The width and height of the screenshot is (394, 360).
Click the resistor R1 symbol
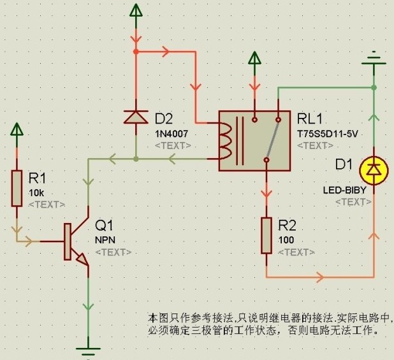[17, 188]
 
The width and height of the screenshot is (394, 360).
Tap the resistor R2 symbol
[268, 235]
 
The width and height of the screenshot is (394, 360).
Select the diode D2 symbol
[135, 117]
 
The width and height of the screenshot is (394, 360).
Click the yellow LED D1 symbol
[373, 169]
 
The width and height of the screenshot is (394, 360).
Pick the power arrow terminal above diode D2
[135, 11]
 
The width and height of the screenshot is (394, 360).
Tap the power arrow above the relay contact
[254, 60]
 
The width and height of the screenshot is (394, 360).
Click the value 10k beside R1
[36, 192]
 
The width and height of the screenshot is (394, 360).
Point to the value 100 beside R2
[287, 240]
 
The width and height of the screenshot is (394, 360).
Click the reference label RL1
[310, 119]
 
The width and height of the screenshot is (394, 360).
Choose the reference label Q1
[104, 225]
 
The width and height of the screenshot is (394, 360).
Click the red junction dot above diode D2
[135, 50]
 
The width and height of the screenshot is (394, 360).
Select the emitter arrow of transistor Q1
[82, 260]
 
